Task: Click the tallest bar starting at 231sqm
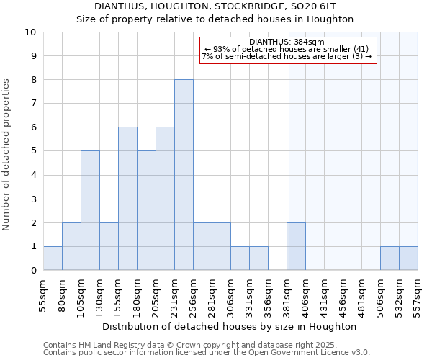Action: [184, 175]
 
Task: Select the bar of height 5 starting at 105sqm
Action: [90, 210]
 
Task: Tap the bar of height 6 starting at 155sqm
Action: [127, 199]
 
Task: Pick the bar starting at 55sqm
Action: [53, 258]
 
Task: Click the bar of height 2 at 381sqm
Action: [296, 246]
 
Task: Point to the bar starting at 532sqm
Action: [408, 258]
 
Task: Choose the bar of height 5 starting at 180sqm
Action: [146, 210]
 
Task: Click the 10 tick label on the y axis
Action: [30, 32]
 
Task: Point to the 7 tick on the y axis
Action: [33, 104]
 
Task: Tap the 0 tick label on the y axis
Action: [33, 271]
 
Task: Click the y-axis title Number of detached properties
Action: [7, 156]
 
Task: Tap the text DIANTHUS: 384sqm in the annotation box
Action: [288, 42]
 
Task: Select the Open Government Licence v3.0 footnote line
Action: [207, 353]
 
